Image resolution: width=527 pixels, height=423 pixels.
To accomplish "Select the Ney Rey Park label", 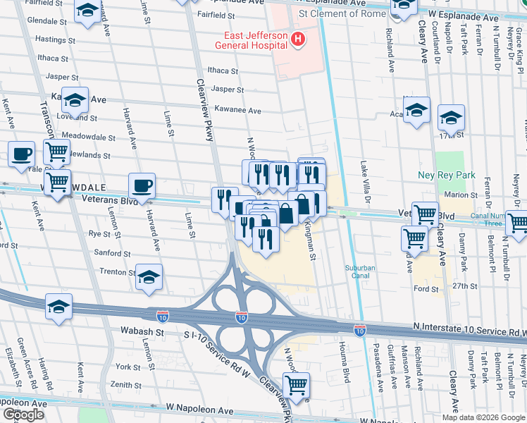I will click(x=452, y=176).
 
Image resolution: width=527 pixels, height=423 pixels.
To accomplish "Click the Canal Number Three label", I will click(x=484, y=219).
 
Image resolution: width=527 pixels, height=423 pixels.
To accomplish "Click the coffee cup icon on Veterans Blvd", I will click(x=142, y=185).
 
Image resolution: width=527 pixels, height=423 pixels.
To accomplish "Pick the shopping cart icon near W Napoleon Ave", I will click(x=297, y=385).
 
